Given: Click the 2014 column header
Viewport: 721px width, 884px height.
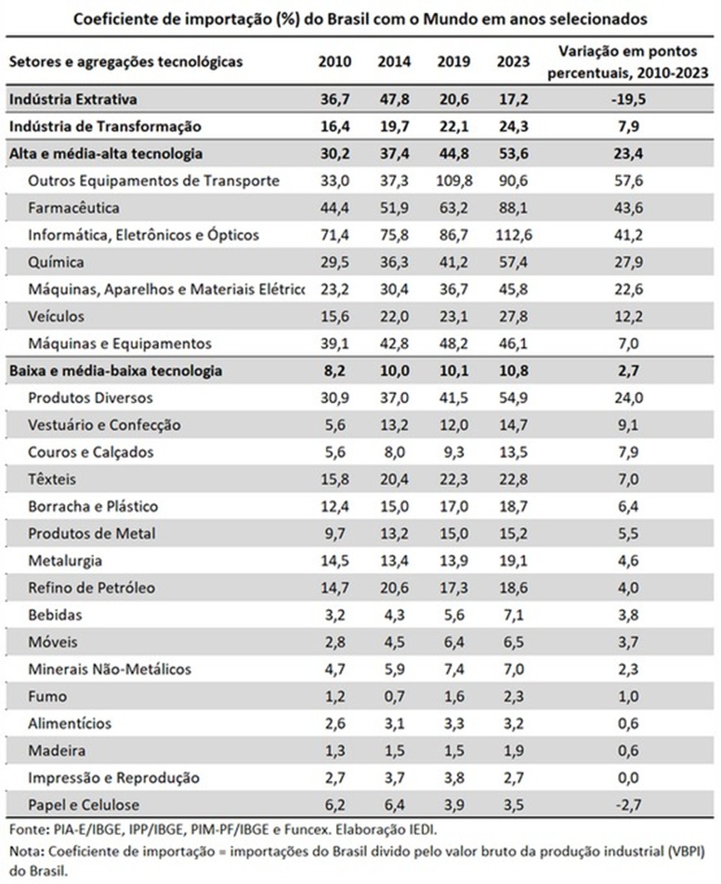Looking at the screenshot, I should tap(394, 62).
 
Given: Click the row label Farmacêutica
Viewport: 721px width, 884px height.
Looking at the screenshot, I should tap(73, 208).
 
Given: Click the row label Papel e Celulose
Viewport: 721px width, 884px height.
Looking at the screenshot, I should tap(83, 805).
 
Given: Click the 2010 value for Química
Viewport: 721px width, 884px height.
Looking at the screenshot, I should tap(334, 263).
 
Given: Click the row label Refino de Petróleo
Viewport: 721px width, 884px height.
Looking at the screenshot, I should tap(91, 588).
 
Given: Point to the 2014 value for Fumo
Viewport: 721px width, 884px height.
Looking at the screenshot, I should tap(394, 697).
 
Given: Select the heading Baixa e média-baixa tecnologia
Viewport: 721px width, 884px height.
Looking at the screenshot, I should tap(115, 372).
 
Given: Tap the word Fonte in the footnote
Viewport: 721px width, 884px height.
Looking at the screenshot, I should tap(25, 829).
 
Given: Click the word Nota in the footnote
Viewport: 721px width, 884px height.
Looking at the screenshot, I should tap(25, 852).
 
